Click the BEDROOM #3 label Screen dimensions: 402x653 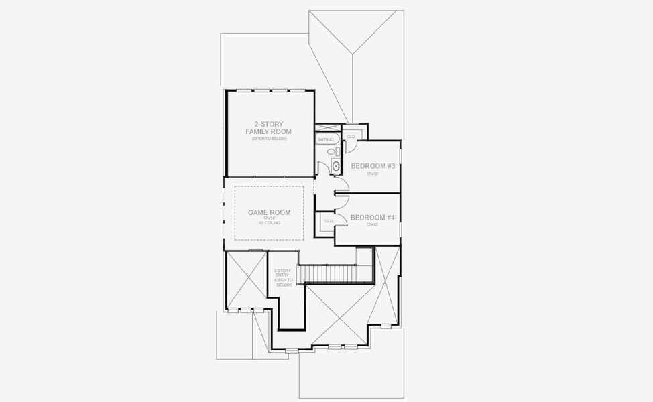pyautogui.click(x=372, y=165)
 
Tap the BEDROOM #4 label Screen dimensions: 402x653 pyautogui.click(x=372, y=217)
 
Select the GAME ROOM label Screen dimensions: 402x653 pyautogui.click(x=270, y=212)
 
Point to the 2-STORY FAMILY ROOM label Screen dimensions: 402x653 pyautogui.click(x=270, y=127)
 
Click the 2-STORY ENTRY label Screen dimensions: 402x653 pyautogui.click(x=282, y=277)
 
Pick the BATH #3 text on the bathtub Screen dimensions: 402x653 pyautogui.click(x=326, y=139)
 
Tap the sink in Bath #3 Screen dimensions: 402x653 pyautogui.click(x=336, y=165)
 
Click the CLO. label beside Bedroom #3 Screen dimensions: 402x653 pyautogui.click(x=351, y=136)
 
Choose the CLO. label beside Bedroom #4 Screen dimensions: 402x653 pyautogui.click(x=329, y=220)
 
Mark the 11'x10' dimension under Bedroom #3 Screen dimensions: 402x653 pyautogui.click(x=373, y=174)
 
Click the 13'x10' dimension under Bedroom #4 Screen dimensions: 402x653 pyautogui.click(x=373, y=225)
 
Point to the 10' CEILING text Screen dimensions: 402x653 pyautogui.click(x=270, y=223)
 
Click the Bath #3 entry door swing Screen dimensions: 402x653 pyautogui.click(x=340, y=182)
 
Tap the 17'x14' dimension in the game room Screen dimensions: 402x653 pyautogui.click(x=270, y=218)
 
